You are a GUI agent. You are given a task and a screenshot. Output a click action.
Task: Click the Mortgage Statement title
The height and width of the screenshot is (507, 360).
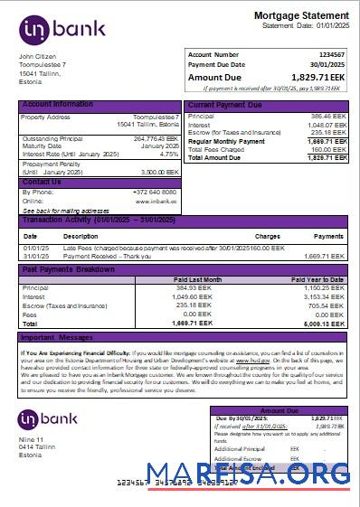coord(300,16)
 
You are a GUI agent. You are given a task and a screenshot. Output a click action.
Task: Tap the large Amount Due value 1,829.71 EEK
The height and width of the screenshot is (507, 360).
coord(313,78)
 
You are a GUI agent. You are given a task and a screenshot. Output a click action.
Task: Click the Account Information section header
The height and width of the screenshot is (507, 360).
coord(58,105)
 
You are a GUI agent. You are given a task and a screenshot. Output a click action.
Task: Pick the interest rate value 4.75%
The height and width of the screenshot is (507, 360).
coord(168,154)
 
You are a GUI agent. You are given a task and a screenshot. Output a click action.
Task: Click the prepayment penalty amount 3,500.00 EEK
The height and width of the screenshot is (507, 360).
coord(159,172)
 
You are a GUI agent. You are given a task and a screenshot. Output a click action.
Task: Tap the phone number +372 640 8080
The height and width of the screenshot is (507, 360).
coord(156,192)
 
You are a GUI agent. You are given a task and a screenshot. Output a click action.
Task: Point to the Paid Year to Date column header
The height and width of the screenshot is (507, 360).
coord(317,279)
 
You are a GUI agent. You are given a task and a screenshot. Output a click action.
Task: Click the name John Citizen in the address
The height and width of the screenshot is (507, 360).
coord(38,57)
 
